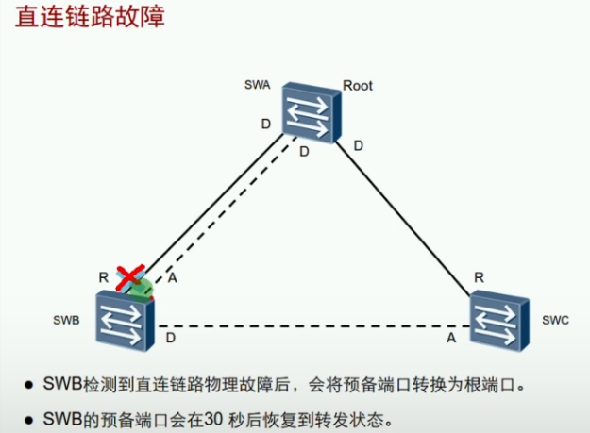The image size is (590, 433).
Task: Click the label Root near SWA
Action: pos(358,86)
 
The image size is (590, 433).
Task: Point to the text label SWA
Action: pos(258,86)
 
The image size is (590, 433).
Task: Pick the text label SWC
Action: pos(556,321)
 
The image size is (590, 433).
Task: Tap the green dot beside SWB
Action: pos(142,287)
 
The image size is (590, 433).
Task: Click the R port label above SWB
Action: pos(104,277)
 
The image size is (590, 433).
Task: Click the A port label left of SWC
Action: pos(451,337)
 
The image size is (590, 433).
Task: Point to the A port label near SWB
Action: pos(171,277)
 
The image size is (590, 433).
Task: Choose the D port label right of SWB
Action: pos(170,337)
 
